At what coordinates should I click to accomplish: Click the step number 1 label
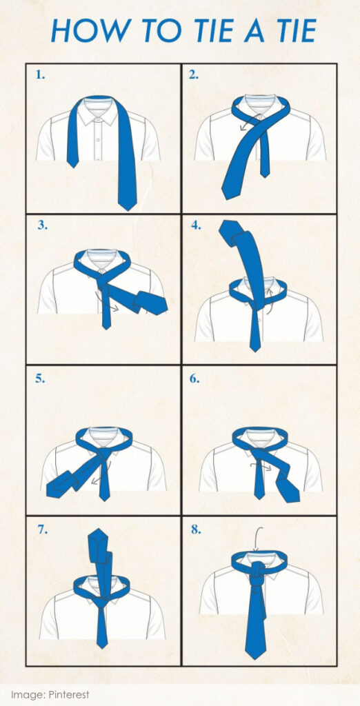click(x=40, y=75)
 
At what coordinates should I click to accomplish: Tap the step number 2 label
click(x=193, y=75)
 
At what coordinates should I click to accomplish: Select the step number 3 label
click(x=42, y=225)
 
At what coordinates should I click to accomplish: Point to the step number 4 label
click(x=196, y=225)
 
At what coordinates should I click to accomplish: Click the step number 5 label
click(x=40, y=379)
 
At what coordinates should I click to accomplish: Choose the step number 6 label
click(x=194, y=379)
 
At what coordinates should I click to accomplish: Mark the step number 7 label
click(x=42, y=529)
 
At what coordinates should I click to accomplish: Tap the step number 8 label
click(x=196, y=529)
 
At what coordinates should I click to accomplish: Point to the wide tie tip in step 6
click(x=288, y=492)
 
